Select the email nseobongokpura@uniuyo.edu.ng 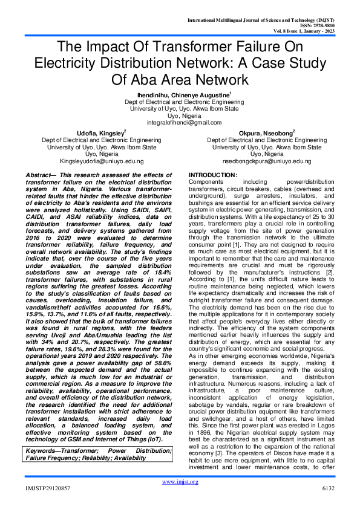pos(258,162)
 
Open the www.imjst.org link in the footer pos(180,499)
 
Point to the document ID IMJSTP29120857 pos(48,504)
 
